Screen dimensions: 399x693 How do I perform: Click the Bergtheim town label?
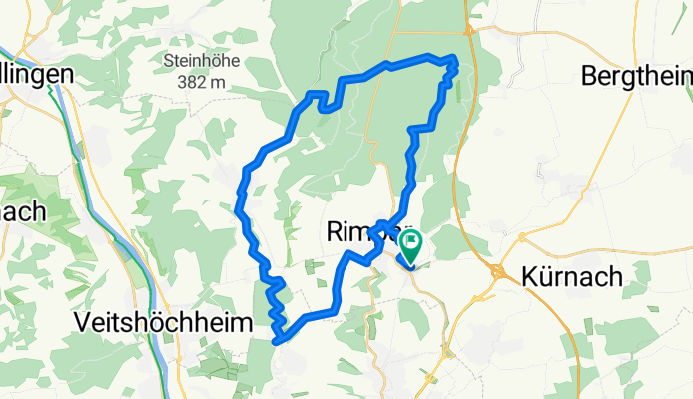tap(636, 75)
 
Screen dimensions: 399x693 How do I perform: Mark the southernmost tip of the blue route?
tap(277, 341)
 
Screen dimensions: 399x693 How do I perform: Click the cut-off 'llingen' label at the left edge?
tap(37, 75)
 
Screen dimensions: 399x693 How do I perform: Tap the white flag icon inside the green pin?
tap(410, 241)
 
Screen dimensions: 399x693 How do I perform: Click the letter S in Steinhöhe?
tap(168, 62)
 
